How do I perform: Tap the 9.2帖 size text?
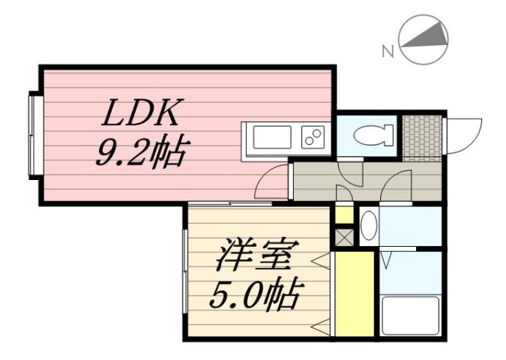[x=141, y=152]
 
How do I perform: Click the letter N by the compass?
[x=388, y=52]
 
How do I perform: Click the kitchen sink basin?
[x=272, y=138]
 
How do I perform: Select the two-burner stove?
[x=313, y=138]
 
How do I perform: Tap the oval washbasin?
[x=368, y=225]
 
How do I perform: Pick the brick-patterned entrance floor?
[x=421, y=137]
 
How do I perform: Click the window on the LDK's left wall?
[x=33, y=133]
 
